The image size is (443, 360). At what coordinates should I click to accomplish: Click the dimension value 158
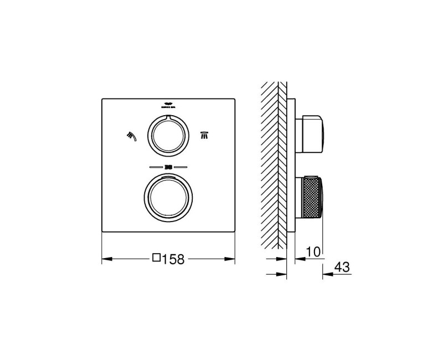point(173,258)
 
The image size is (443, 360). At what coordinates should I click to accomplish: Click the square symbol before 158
point(157,258)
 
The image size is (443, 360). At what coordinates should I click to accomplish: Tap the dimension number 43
point(342,267)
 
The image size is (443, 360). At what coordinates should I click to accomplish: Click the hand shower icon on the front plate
point(131,135)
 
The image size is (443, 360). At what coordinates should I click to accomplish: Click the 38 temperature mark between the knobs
point(168,166)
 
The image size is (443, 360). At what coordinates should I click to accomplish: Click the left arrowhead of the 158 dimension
point(106,258)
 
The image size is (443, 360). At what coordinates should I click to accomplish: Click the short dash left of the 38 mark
point(154,166)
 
